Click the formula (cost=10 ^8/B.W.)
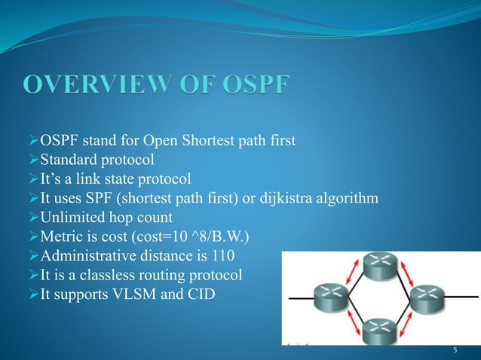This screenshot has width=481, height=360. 193,238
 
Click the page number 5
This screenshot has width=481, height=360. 455,350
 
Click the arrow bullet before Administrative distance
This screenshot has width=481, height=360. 32,258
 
